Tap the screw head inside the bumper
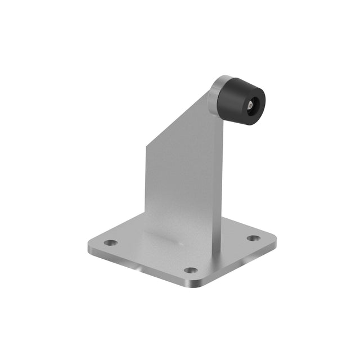(x=249, y=105)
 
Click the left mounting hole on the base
(x=111, y=243)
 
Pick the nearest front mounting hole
(x=191, y=271)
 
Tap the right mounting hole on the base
(x=254, y=238)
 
